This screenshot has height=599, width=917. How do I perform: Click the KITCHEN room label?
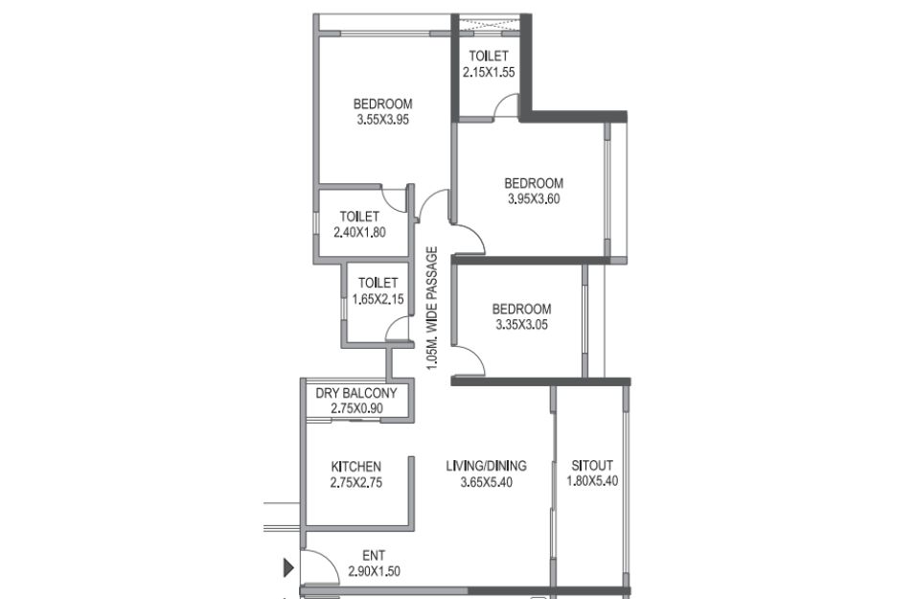click(356, 467)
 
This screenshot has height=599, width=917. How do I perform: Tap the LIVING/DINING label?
click(486, 466)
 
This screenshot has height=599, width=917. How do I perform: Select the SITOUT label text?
click(592, 466)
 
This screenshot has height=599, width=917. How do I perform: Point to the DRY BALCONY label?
click(356, 393)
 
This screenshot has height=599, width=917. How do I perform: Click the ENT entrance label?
click(374, 556)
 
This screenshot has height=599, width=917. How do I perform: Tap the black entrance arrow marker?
click(288, 567)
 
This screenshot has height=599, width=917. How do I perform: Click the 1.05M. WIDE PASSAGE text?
click(432, 309)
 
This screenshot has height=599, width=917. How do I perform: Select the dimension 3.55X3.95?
click(383, 120)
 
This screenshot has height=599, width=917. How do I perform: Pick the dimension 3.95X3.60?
click(534, 199)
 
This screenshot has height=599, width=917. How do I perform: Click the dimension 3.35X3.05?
click(521, 325)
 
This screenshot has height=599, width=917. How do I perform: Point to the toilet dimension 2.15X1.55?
click(489, 73)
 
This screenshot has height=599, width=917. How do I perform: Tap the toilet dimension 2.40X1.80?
click(359, 232)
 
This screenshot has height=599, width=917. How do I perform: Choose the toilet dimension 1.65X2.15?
click(378, 299)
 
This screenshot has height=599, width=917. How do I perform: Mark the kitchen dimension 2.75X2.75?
click(356, 483)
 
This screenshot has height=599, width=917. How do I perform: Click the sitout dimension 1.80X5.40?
click(592, 481)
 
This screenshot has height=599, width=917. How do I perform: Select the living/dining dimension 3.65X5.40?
click(486, 483)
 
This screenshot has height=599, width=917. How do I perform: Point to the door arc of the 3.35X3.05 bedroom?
click(473, 354)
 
